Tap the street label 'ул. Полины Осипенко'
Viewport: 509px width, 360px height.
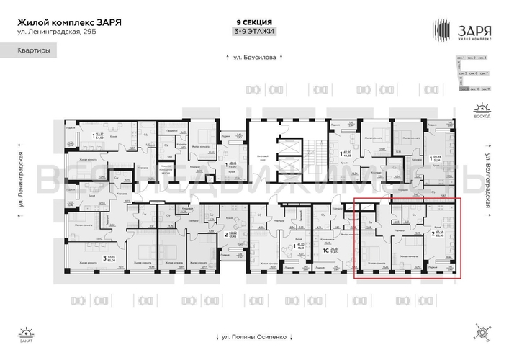(x=254, y=335)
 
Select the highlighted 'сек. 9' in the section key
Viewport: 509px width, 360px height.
(x=465, y=89)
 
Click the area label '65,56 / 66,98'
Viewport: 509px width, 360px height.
(x=438, y=234)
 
